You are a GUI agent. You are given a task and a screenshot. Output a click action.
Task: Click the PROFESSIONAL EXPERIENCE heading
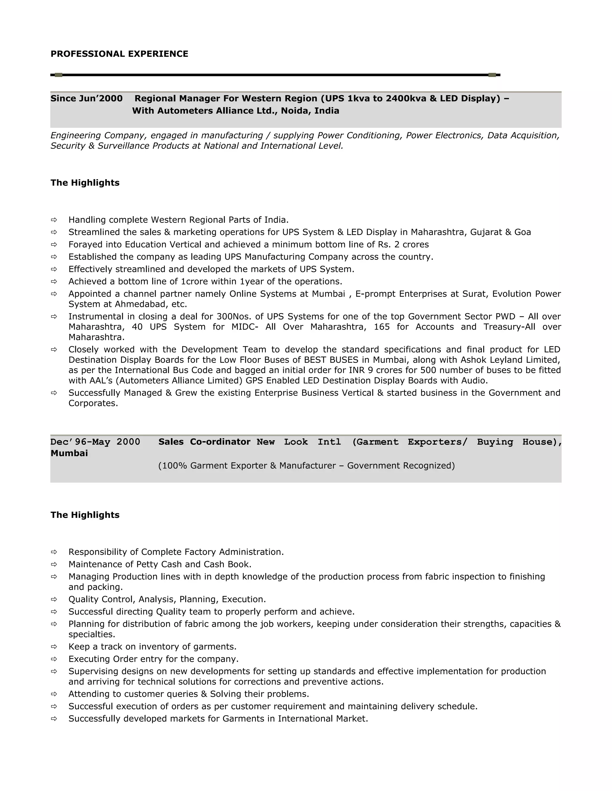tap(119, 54)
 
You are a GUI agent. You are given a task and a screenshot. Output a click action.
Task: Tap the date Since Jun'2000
tap(86, 99)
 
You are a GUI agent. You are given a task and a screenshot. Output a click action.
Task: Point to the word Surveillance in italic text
tap(124, 146)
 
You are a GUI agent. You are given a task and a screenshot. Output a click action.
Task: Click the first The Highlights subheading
tap(85, 183)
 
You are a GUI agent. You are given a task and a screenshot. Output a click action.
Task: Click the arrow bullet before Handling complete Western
tap(54, 220)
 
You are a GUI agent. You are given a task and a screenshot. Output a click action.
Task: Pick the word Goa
tap(522, 232)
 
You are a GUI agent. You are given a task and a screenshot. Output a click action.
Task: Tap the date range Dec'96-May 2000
tap(95, 442)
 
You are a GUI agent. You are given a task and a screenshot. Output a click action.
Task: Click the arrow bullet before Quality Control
tap(54, 599)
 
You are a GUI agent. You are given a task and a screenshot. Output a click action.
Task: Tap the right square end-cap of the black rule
tap(492, 75)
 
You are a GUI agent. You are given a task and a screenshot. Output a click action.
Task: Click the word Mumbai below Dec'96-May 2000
tap(69, 453)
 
